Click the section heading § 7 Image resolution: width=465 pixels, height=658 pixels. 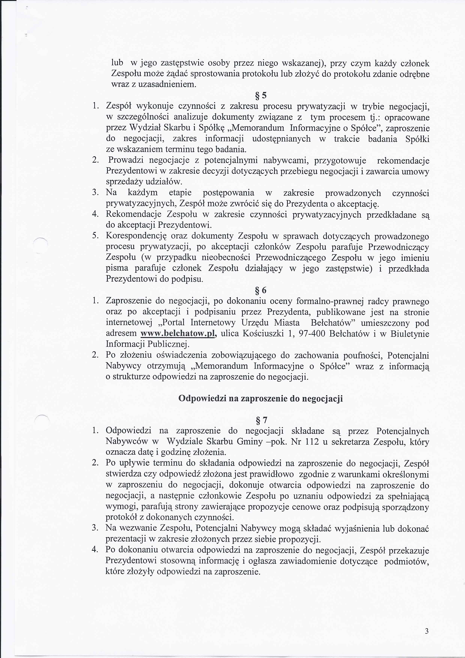click(261, 420)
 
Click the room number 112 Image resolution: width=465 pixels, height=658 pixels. click(312, 442)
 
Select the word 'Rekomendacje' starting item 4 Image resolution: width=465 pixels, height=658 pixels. click(133, 214)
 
